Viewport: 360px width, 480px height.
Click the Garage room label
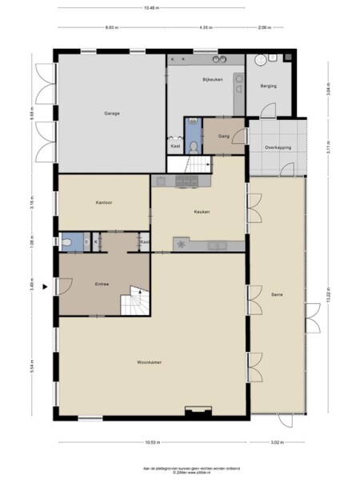tap(111, 113)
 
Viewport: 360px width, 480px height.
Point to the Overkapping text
tap(278, 148)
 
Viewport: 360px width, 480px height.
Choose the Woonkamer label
tap(150, 362)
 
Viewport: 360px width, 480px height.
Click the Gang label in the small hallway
tap(223, 136)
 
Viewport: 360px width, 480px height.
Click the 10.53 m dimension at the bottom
tap(150, 442)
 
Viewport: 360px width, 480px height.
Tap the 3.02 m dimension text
tap(278, 442)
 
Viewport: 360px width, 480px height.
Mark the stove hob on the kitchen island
tap(182, 244)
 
